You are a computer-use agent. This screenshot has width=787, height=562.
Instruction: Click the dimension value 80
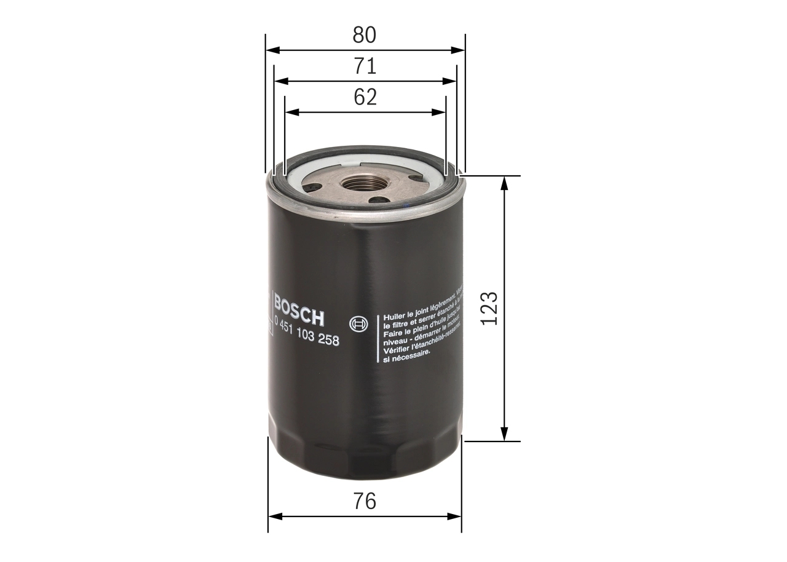364,35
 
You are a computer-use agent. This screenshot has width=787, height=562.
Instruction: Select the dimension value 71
364,66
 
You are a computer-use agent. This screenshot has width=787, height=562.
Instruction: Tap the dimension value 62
365,97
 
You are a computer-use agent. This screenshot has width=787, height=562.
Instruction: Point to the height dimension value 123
489,308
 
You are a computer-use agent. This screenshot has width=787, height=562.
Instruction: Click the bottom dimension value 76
365,501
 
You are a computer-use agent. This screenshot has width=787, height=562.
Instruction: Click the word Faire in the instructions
393,332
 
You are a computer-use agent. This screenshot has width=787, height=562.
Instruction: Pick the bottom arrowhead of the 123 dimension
504,435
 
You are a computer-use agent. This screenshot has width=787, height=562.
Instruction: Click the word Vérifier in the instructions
396,349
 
